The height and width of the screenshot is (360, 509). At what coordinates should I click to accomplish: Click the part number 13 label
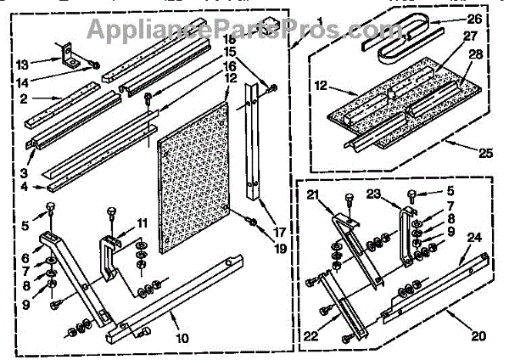(x=23, y=65)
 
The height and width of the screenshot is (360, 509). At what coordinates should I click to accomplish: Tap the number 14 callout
(x=23, y=83)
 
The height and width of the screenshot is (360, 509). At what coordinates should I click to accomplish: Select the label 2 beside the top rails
(x=24, y=99)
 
